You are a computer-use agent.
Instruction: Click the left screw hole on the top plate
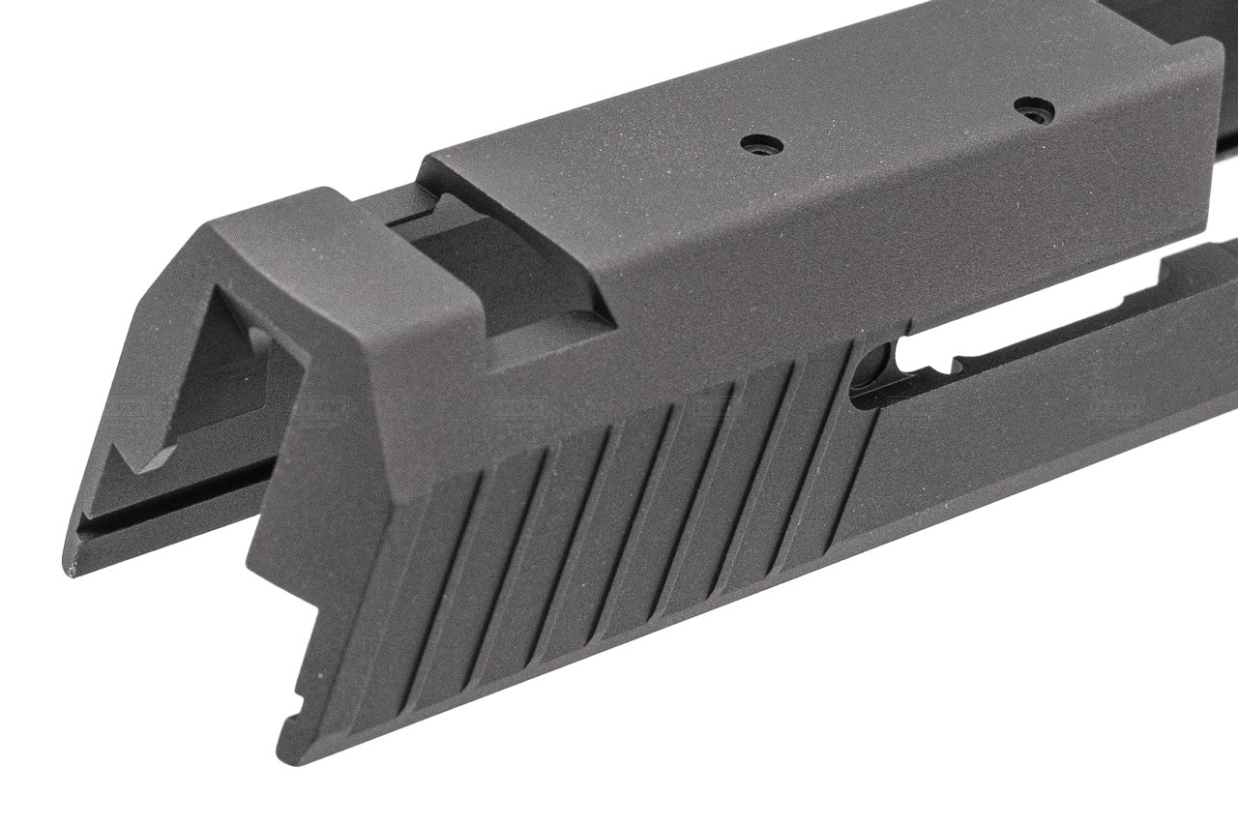coord(761,145)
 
